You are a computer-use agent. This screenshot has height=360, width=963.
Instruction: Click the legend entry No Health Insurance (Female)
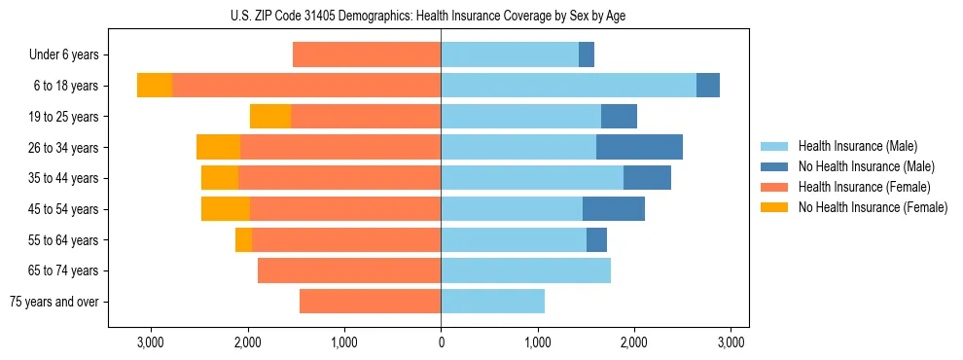click(873, 207)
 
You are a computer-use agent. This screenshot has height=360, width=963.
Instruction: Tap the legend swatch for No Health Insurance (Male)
click(774, 166)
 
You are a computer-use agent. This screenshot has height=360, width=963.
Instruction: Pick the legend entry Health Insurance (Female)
click(864, 187)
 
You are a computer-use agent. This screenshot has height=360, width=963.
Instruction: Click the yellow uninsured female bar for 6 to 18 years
click(155, 86)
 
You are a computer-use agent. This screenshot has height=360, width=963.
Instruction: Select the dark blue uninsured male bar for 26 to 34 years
click(639, 147)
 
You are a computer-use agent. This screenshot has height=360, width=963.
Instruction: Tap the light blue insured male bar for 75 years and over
click(492, 302)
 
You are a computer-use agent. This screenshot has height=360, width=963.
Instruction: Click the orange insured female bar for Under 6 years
click(367, 54)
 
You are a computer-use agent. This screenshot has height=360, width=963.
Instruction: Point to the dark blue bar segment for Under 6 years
click(587, 54)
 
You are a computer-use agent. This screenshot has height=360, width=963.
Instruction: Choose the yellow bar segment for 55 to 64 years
click(243, 239)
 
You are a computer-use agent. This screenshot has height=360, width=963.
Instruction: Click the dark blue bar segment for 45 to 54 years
click(614, 209)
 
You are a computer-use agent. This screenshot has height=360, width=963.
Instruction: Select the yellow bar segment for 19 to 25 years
click(270, 117)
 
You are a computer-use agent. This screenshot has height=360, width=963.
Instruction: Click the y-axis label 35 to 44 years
click(65, 178)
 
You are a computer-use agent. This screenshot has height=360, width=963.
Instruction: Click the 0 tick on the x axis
click(441, 342)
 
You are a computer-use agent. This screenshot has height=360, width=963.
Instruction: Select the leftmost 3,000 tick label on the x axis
click(151, 342)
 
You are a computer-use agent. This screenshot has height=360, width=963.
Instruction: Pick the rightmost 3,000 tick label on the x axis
click(731, 342)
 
